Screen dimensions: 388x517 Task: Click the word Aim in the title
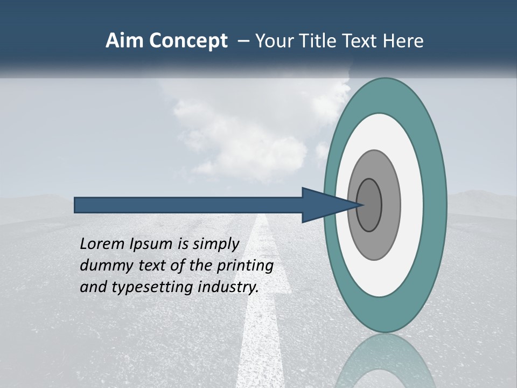point(125,41)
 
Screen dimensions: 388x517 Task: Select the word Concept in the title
point(188,41)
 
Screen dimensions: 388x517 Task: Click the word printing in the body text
point(245,266)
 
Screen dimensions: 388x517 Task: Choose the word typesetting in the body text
point(150,287)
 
